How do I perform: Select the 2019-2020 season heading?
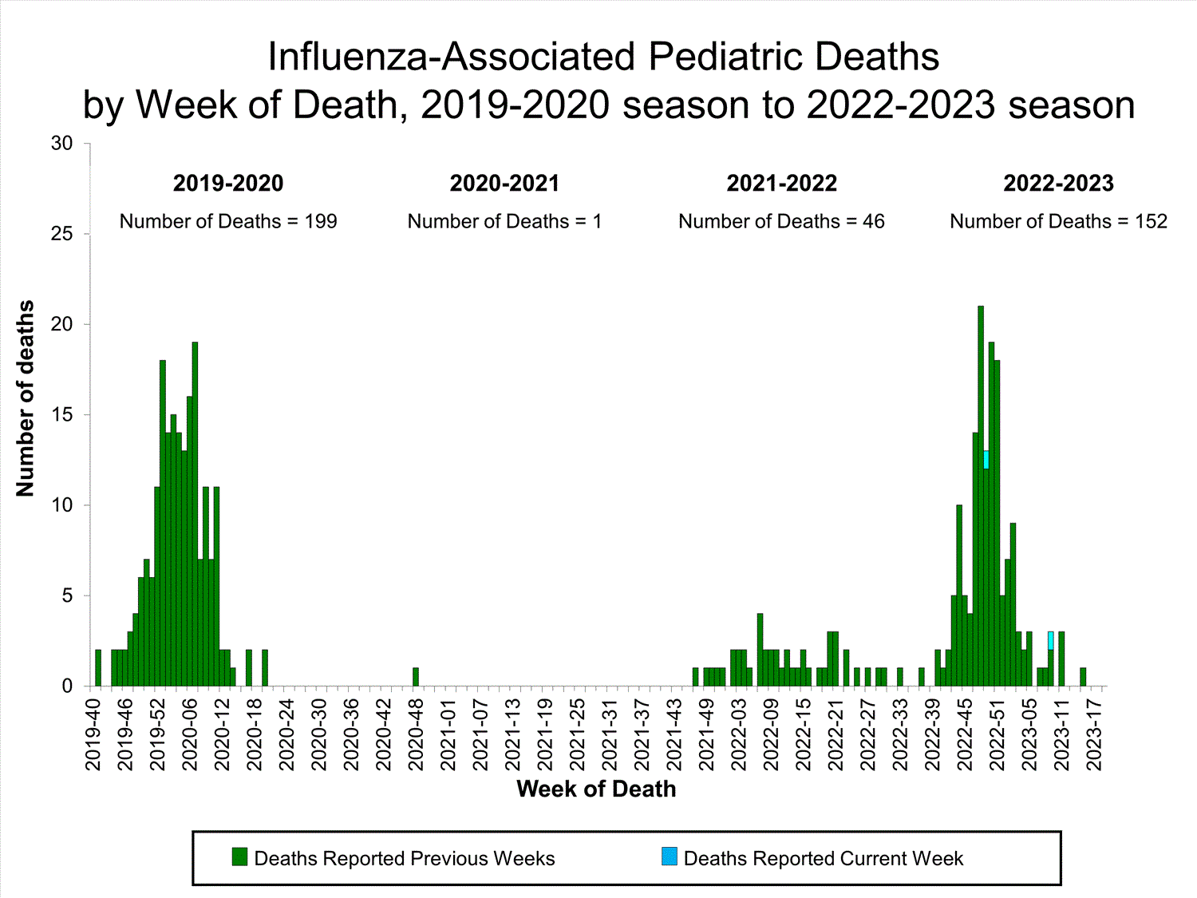coord(228,184)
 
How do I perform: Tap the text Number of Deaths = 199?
coord(228,222)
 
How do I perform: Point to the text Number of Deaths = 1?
coord(504,222)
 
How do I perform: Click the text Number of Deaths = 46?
coord(781,222)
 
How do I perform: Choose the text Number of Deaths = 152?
coord(1058,222)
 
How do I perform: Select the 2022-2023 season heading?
coord(1058,184)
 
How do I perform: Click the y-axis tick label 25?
coord(61,234)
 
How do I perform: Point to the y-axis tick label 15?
coord(61,415)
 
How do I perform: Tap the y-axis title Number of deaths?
coord(26,398)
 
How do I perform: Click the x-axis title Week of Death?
coord(596,789)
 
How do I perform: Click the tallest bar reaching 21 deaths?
coord(981,495)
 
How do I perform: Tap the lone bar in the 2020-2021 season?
coord(416,677)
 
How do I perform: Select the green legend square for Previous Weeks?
coord(239,857)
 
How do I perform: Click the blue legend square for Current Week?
coord(670,857)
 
